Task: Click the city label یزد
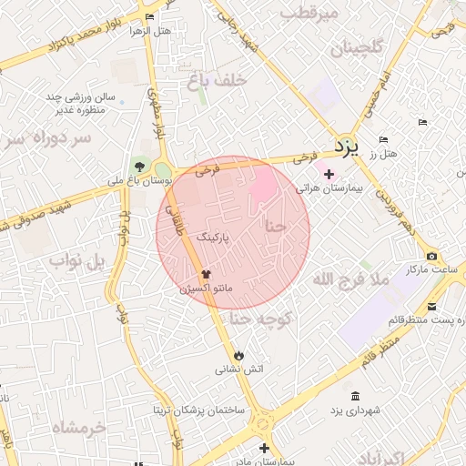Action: (x=347, y=145)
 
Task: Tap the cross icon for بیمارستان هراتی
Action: (x=329, y=173)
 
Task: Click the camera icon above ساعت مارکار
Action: (x=431, y=257)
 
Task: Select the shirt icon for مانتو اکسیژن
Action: (x=206, y=273)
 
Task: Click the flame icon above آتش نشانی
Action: (x=238, y=354)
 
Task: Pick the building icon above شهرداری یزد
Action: (x=354, y=396)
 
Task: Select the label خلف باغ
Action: (x=217, y=80)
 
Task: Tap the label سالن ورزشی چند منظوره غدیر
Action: (x=76, y=104)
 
